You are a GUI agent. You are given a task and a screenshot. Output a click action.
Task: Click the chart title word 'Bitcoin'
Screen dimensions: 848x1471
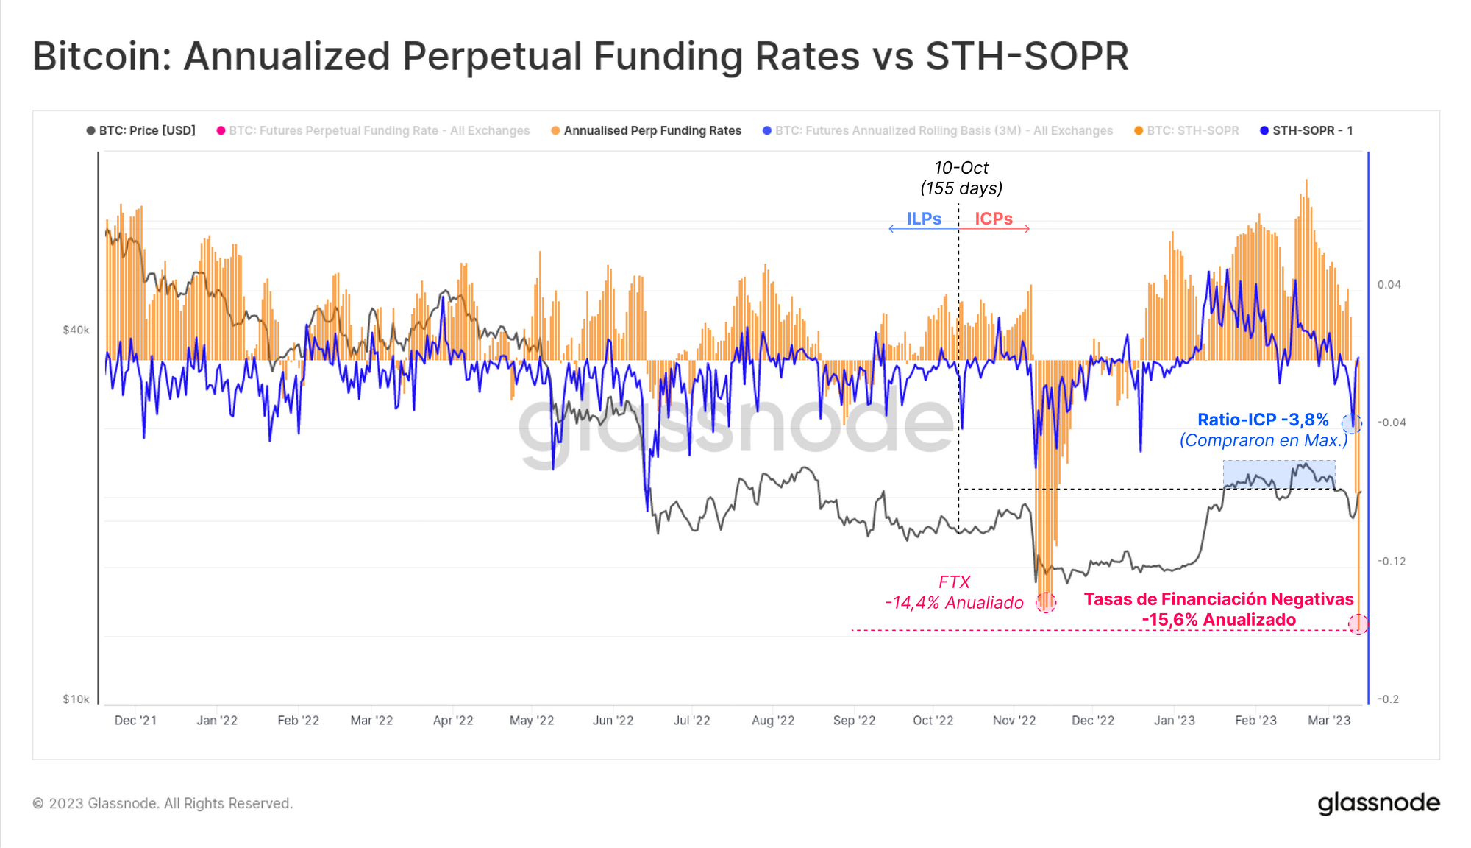point(101,56)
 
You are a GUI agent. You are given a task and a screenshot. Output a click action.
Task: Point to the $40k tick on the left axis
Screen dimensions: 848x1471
point(76,330)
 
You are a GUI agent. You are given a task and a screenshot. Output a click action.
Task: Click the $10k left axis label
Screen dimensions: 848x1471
point(76,699)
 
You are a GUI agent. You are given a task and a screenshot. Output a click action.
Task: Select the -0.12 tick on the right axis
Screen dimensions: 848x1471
point(1391,561)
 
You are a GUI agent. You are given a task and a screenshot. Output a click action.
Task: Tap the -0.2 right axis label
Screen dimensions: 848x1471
point(1388,699)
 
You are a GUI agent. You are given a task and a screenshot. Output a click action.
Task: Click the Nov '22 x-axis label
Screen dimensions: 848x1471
point(1014,720)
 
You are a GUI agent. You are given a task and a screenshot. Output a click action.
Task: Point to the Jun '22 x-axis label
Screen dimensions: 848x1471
point(613,720)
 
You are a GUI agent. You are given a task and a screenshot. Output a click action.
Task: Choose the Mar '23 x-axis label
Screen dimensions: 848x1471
point(1328,720)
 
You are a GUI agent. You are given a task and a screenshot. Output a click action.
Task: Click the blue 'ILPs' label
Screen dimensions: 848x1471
point(924,219)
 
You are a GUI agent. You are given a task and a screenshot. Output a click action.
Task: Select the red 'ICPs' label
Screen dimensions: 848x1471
point(994,219)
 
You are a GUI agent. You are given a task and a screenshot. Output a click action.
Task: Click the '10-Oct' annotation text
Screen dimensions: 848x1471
point(961,168)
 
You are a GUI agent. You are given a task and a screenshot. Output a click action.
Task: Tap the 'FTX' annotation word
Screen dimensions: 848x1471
point(954,582)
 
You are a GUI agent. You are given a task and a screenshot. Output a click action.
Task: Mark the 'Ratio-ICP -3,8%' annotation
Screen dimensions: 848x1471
point(1263,420)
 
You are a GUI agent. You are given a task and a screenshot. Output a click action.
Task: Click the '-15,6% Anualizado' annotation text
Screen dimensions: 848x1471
point(1219,620)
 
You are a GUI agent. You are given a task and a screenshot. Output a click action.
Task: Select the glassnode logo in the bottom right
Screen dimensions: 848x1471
point(1378,803)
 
